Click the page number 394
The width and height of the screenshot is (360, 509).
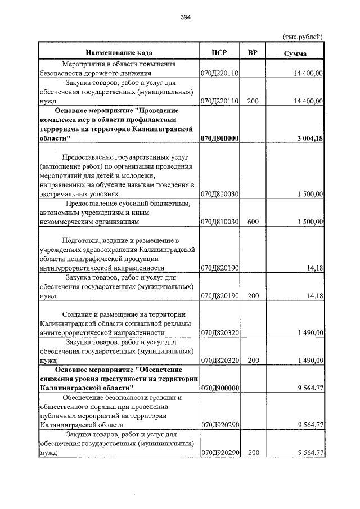(x=185, y=17)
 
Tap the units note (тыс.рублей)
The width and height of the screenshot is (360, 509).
(x=303, y=37)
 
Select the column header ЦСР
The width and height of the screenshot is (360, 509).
(x=219, y=53)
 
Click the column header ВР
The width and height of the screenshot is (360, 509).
(x=253, y=53)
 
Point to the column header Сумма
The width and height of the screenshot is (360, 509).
(x=295, y=53)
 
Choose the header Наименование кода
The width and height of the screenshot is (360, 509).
(x=119, y=53)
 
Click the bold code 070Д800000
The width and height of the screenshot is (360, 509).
(x=220, y=138)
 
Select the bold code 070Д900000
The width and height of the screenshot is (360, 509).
(x=220, y=388)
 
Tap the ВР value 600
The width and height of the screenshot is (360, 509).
(x=253, y=222)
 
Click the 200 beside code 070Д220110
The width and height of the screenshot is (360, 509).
(x=253, y=101)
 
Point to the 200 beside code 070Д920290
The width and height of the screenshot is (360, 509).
(x=253, y=452)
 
